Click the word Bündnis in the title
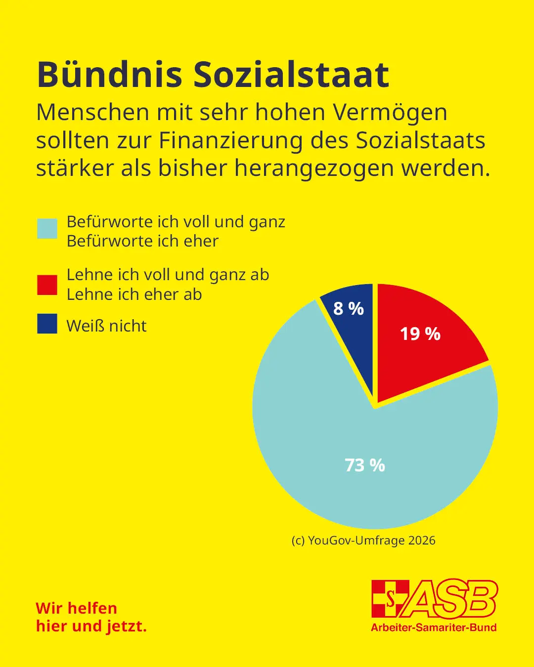(109, 75)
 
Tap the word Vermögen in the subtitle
(390, 113)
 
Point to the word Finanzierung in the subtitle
(230, 141)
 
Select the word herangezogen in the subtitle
(315, 168)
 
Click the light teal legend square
(47, 229)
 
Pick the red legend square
(47, 285)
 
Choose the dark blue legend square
(47, 324)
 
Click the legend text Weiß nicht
(106, 326)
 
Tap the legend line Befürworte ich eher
(142, 241)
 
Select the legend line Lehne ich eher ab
(134, 294)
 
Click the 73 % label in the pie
(365, 465)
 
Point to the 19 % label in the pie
(420, 334)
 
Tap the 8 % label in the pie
(349, 309)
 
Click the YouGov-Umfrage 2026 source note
(363, 541)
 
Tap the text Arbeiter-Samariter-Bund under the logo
(434, 627)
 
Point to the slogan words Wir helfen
(77, 608)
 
